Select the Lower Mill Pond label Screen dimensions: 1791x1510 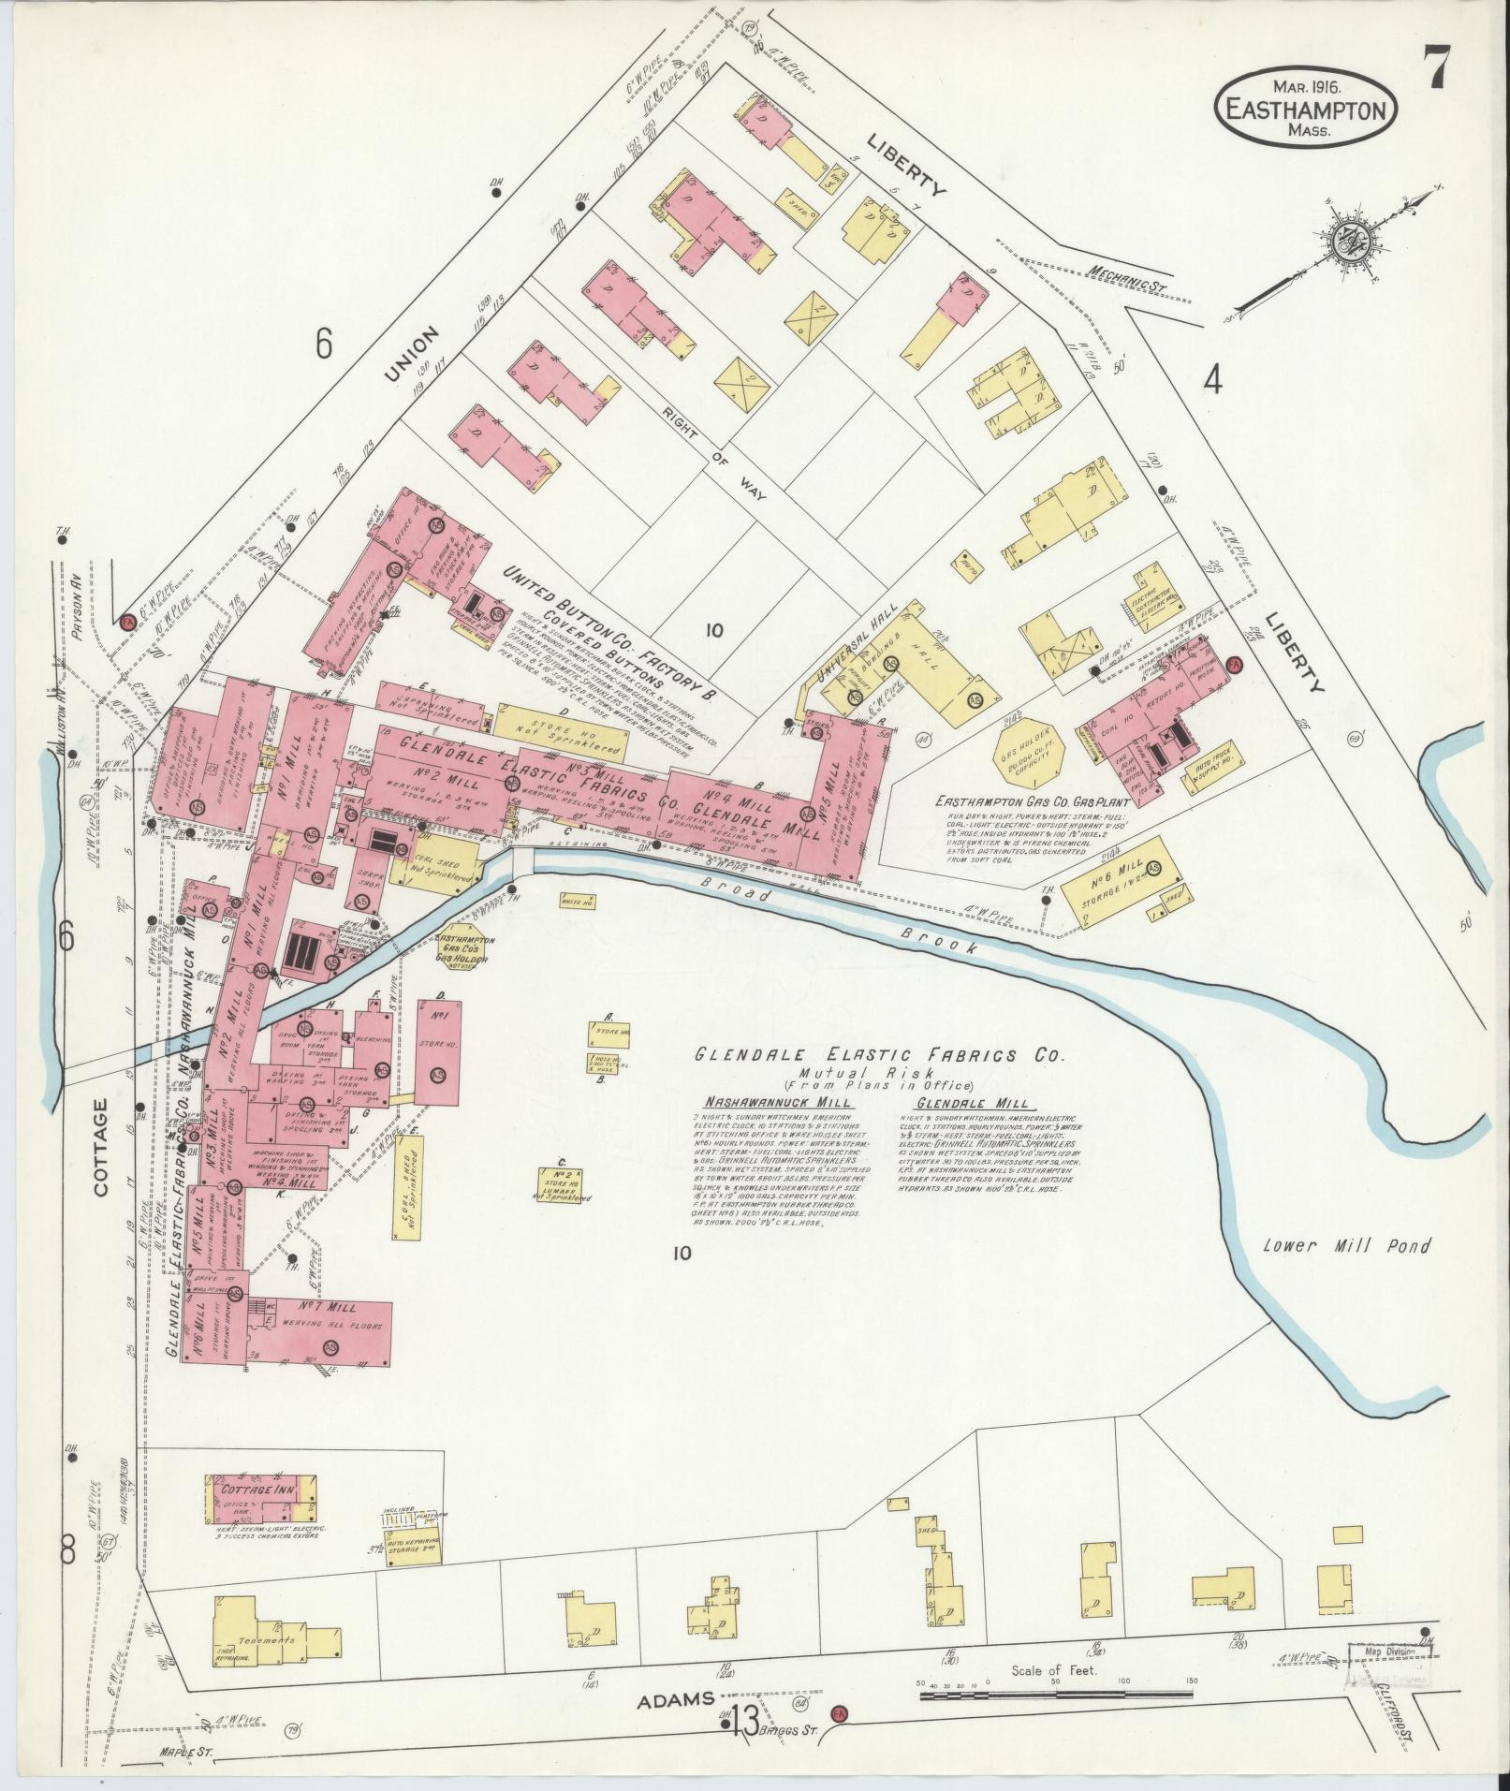tap(1346, 1246)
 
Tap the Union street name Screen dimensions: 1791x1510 tap(411, 354)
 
